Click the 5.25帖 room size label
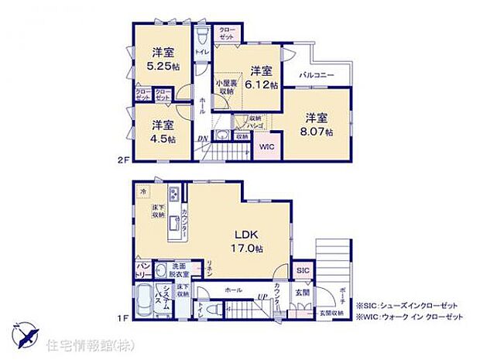(x=163, y=67)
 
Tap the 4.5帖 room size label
(x=163, y=139)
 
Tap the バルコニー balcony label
(x=318, y=76)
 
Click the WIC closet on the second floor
(x=266, y=146)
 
